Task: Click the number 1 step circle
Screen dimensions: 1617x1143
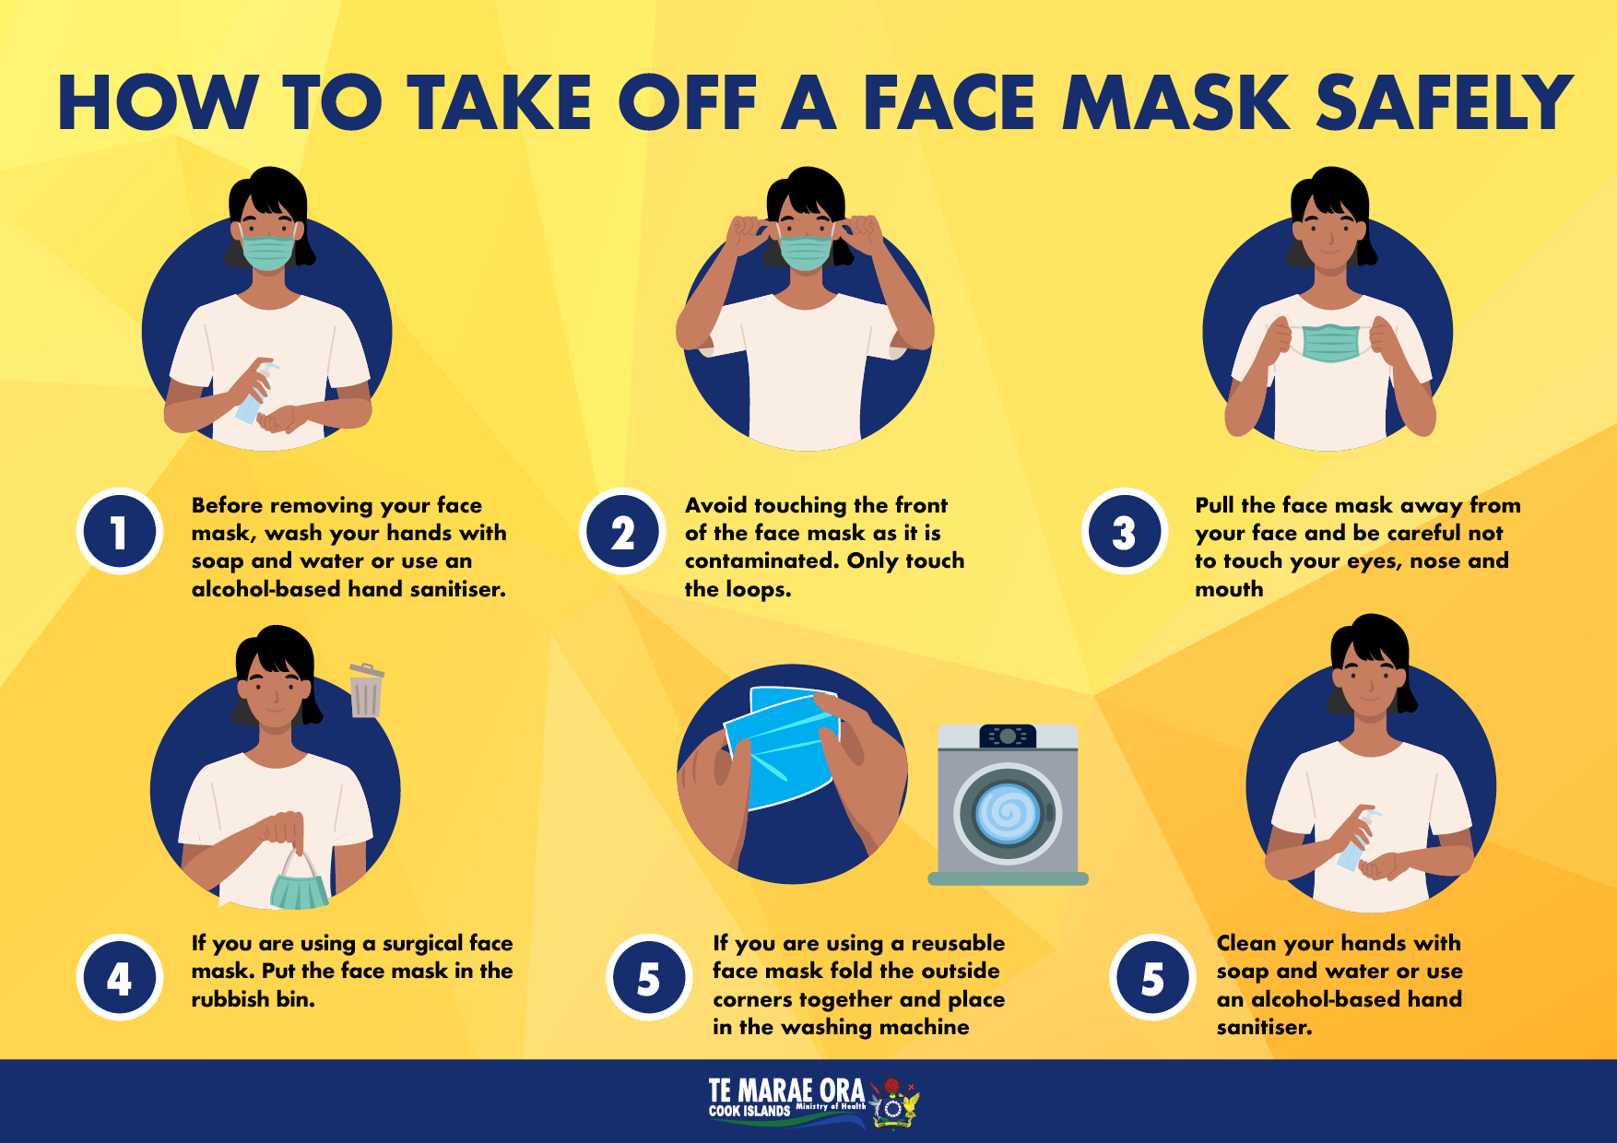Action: (x=120, y=532)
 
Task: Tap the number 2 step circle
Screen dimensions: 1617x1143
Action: (x=622, y=532)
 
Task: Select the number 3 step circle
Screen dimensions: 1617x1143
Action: (x=1125, y=532)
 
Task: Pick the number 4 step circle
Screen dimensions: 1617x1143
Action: (x=120, y=978)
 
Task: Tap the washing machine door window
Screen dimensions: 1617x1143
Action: (x=1008, y=814)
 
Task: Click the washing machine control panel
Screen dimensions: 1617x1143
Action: (x=1008, y=736)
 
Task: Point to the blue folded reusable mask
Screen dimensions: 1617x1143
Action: (x=784, y=747)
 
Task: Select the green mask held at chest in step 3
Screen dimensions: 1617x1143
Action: (x=1330, y=343)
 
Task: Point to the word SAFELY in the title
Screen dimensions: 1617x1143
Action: (x=1445, y=101)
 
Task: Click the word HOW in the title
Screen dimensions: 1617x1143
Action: (x=158, y=101)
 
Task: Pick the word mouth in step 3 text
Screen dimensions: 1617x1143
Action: (x=1229, y=589)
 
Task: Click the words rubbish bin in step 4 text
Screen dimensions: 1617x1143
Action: (x=253, y=999)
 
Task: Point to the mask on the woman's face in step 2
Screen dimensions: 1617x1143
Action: (x=806, y=252)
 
